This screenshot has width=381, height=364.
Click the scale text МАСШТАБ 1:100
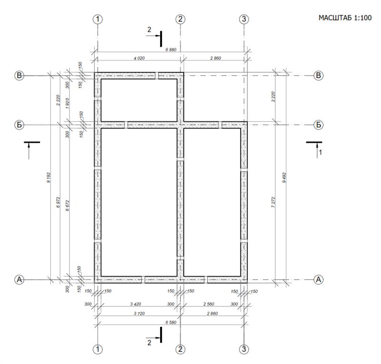point(345,18)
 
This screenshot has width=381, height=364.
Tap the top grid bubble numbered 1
point(98,19)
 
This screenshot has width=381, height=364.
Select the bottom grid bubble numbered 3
point(244,349)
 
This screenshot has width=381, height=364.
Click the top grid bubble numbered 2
point(180,19)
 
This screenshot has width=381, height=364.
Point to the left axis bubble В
point(19,76)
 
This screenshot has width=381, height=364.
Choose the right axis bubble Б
point(318,125)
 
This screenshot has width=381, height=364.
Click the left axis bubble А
point(19,280)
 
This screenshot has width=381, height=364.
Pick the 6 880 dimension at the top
point(171,49)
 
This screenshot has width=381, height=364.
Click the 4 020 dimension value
point(139,58)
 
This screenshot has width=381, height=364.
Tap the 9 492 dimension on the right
point(284,177)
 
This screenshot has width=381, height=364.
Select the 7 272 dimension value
point(273,202)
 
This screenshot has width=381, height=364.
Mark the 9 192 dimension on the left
point(49,177)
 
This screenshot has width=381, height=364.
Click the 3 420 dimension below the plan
point(136,304)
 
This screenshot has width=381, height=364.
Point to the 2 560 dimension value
point(209,304)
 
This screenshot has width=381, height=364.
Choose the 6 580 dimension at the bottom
point(171,323)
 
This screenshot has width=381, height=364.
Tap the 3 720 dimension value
point(139,314)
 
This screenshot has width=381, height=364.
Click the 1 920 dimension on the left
point(67,103)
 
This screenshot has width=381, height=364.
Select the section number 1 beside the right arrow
point(320,152)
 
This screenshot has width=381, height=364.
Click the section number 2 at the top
point(149,30)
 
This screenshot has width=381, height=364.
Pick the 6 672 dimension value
point(67,206)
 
